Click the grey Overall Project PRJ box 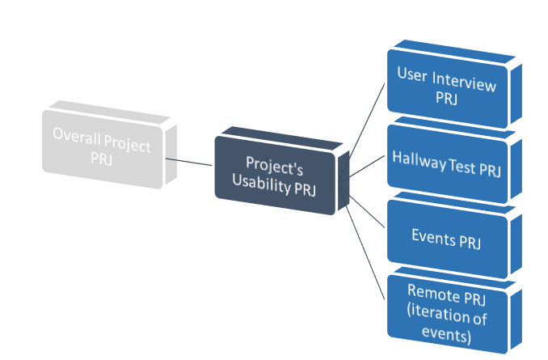click(102, 146)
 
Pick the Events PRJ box click(446, 236)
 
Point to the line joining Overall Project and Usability click(189, 162)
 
